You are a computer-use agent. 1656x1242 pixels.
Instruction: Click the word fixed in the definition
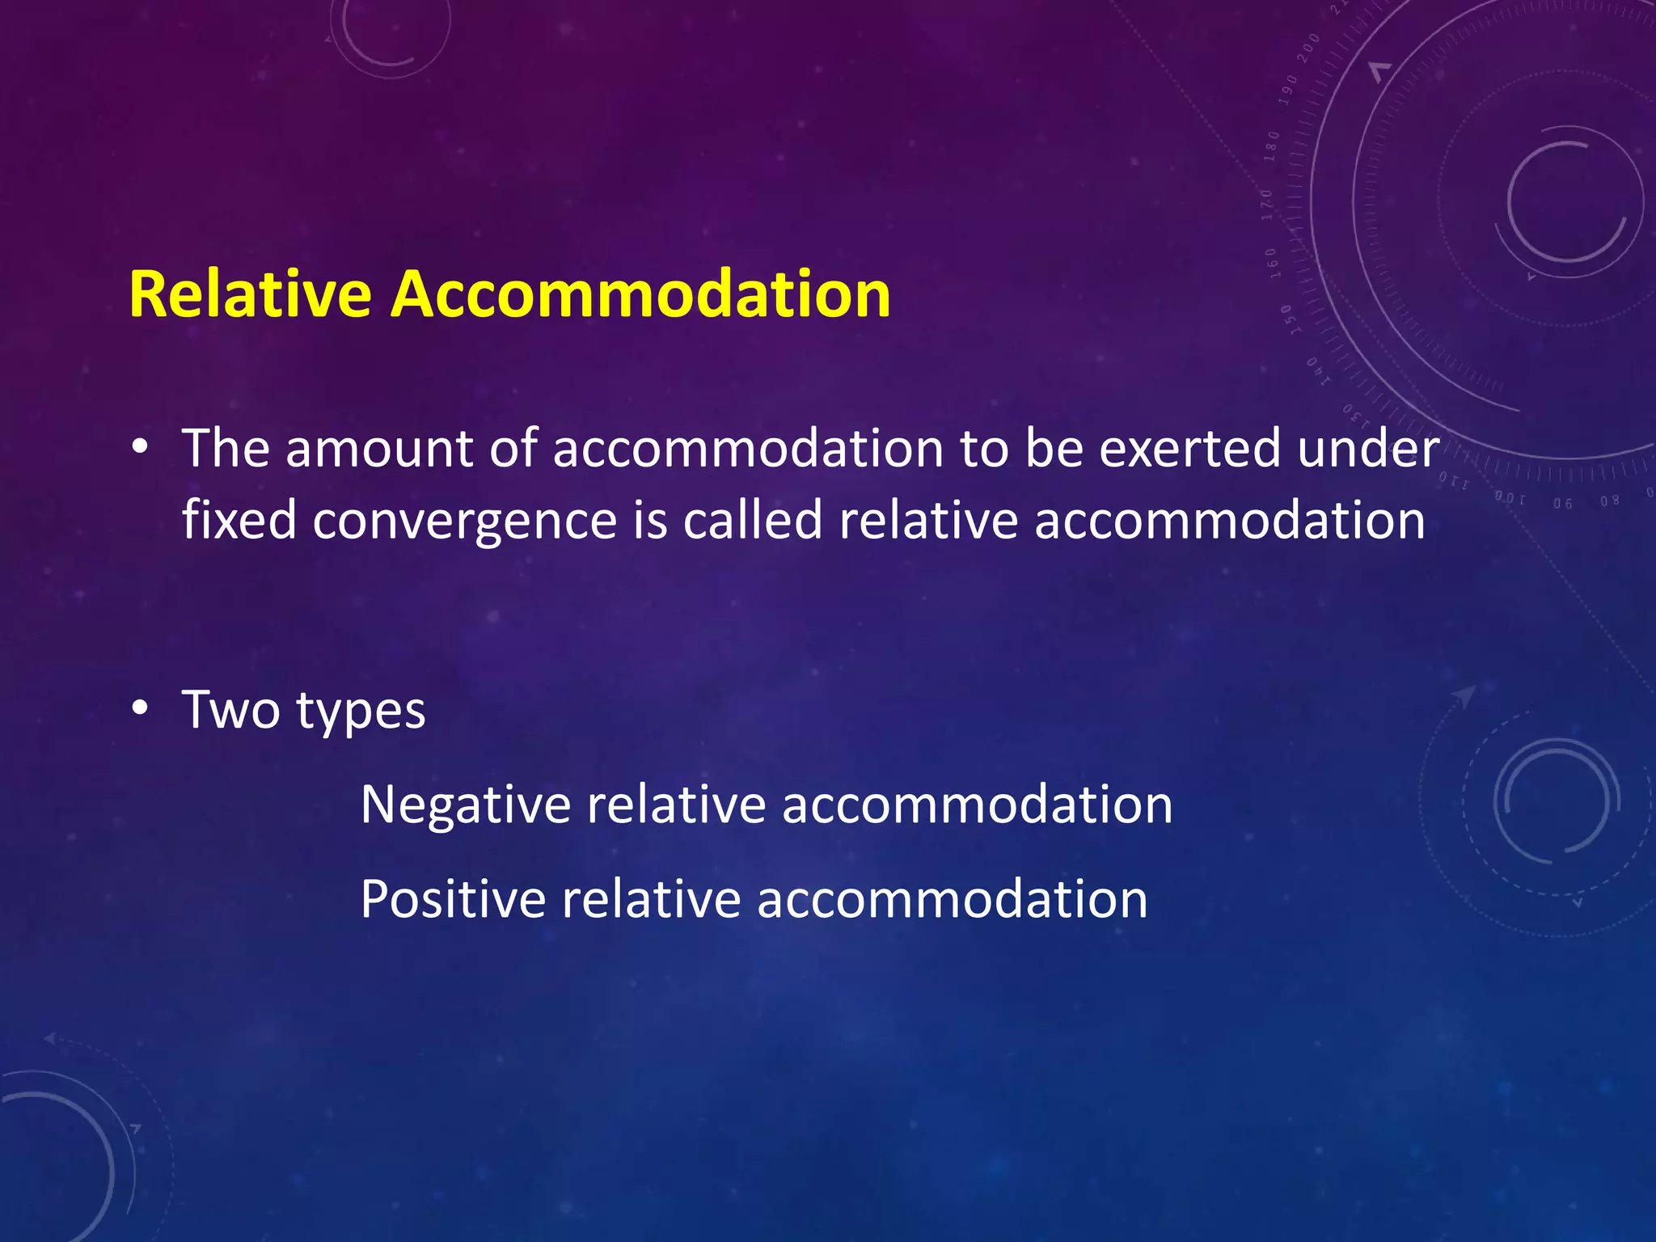[239, 519]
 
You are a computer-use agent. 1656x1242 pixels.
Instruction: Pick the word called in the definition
[753, 519]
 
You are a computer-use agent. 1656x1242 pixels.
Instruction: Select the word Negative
[466, 805]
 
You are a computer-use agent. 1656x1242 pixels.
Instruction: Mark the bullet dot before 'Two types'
[141, 709]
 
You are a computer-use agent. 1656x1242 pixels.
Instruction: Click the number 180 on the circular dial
[1272, 146]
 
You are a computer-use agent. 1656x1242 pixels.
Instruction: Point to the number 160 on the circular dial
[1271, 263]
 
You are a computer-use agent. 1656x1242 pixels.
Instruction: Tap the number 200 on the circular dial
[1307, 49]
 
